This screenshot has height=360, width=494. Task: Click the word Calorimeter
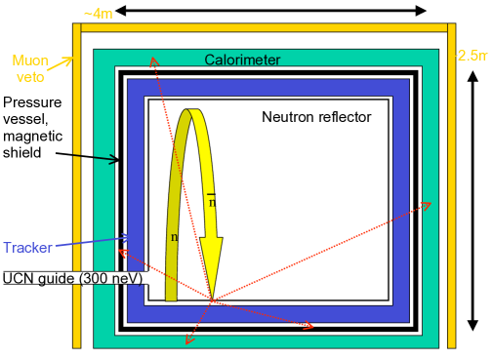pyautogui.click(x=242, y=60)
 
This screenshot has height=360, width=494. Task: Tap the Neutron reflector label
pyautogui.click(x=316, y=117)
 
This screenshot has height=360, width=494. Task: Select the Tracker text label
pyautogui.click(x=26, y=248)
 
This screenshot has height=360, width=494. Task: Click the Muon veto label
pyautogui.click(x=30, y=67)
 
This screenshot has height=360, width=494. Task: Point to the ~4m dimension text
pyautogui.click(x=99, y=14)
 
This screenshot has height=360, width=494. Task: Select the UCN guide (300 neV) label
pyautogui.click(x=73, y=278)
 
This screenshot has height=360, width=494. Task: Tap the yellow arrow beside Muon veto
pyautogui.click(x=62, y=65)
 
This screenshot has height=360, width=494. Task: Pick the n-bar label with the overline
pyautogui.click(x=211, y=201)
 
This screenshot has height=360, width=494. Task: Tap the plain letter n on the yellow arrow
pyautogui.click(x=174, y=236)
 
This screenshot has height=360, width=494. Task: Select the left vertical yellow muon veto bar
pyautogui.click(x=76, y=185)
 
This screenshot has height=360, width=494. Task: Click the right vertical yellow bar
pyautogui.click(x=451, y=185)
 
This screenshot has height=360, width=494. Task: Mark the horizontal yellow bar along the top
pyautogui.click(x=264, y=26)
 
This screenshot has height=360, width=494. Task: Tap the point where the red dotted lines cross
pyautogui.click(x=212, y=299)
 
